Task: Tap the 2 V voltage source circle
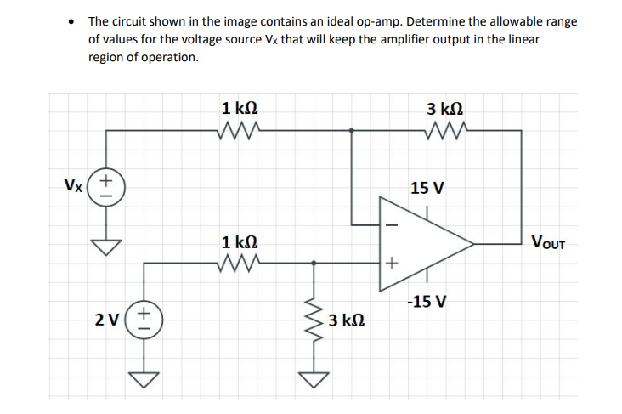coord(144,321)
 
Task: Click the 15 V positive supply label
coord(427,187)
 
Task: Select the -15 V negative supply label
coord(426,302)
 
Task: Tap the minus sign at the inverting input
coord(392,224)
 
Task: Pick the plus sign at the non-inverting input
coord(391,264)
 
